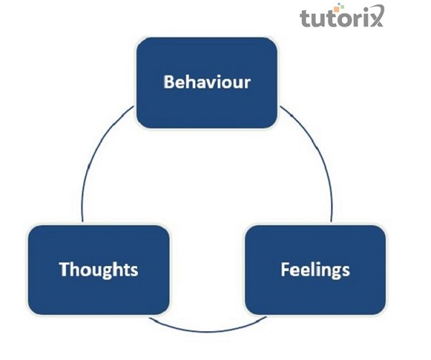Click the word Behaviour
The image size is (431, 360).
207,81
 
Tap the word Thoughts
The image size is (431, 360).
98,269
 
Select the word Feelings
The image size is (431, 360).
315,269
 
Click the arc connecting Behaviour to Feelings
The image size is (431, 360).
320,158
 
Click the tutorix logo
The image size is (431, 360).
341,16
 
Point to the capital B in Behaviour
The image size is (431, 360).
170,81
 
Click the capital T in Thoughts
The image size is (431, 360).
64,269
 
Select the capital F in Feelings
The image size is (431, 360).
284,269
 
